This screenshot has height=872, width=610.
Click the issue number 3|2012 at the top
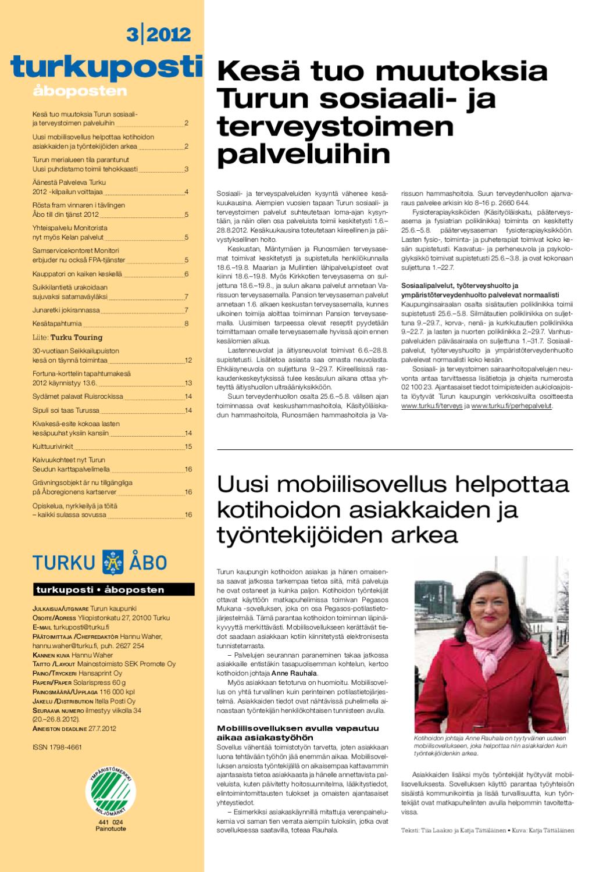pos(158,34)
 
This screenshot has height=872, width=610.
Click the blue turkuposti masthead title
pos(106,67)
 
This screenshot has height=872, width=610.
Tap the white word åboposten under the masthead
pos(80,91)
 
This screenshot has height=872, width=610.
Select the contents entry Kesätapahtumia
pos(57,323)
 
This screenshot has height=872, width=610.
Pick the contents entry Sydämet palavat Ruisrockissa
pos(77,396)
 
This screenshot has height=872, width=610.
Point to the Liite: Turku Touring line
pos(67,337)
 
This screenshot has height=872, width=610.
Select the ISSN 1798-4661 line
pos(57,747)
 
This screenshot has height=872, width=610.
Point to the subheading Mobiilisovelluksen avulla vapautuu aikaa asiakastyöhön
pos(297,732)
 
